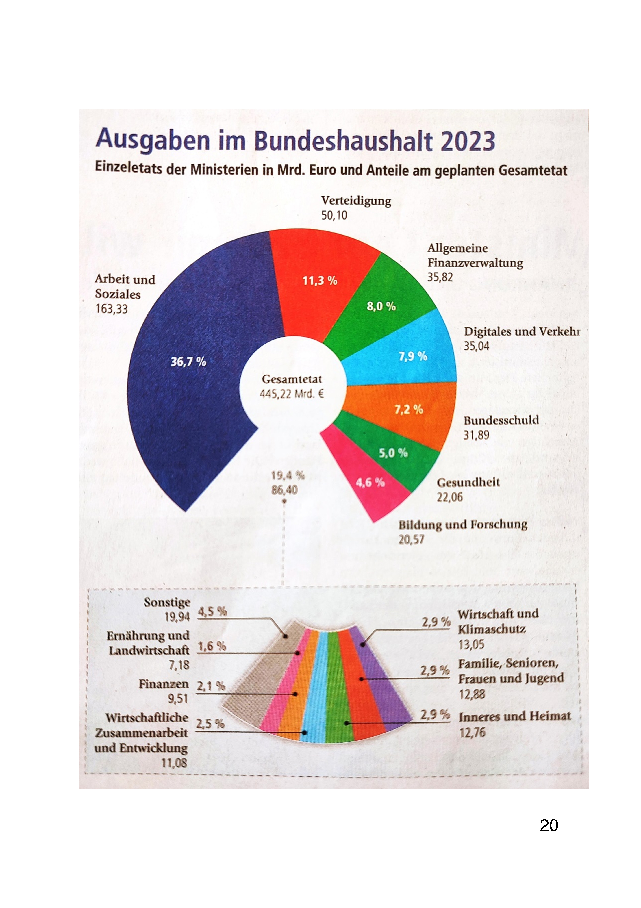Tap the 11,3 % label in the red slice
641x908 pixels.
(x=320, y=281)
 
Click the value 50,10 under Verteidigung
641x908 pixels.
(x=334, y=216)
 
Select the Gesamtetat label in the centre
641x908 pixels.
(x=292, y=379)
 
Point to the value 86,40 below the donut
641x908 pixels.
(x=284, y=490)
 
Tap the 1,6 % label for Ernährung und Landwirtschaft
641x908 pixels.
(x=212, y=646)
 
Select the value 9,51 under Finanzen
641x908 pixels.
(x=178, y=699)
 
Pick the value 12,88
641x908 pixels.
(x=472, y=694)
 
